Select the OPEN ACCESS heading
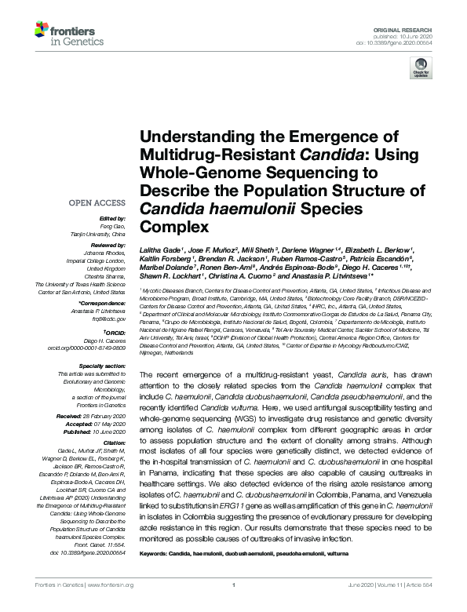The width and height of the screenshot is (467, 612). (x=98, y=203)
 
